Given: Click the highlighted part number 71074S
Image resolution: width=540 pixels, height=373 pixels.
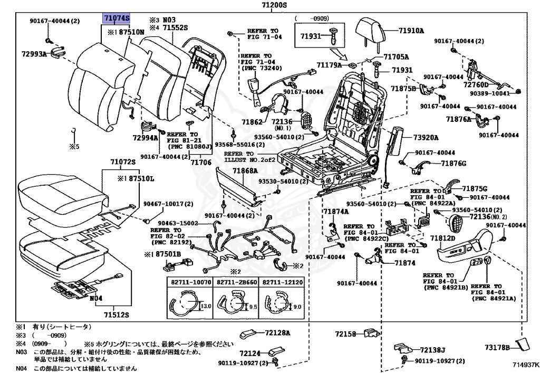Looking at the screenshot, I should (x=116, y=18).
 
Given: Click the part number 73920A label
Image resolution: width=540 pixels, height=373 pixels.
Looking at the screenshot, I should (x=426, y=138).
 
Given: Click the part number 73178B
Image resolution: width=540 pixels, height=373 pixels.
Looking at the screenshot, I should (x=498, y=348).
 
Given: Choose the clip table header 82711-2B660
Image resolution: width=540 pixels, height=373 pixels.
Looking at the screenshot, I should (x=236, y=283).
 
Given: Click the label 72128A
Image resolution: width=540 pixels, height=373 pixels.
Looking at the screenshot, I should (x=278, y=333).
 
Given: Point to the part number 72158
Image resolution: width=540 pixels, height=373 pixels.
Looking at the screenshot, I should (x=346, y=333).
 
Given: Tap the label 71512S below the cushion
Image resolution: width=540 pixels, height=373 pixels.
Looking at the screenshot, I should (x=117, y=315).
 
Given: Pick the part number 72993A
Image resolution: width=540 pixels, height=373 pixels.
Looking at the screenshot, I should (x=34, y=54).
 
